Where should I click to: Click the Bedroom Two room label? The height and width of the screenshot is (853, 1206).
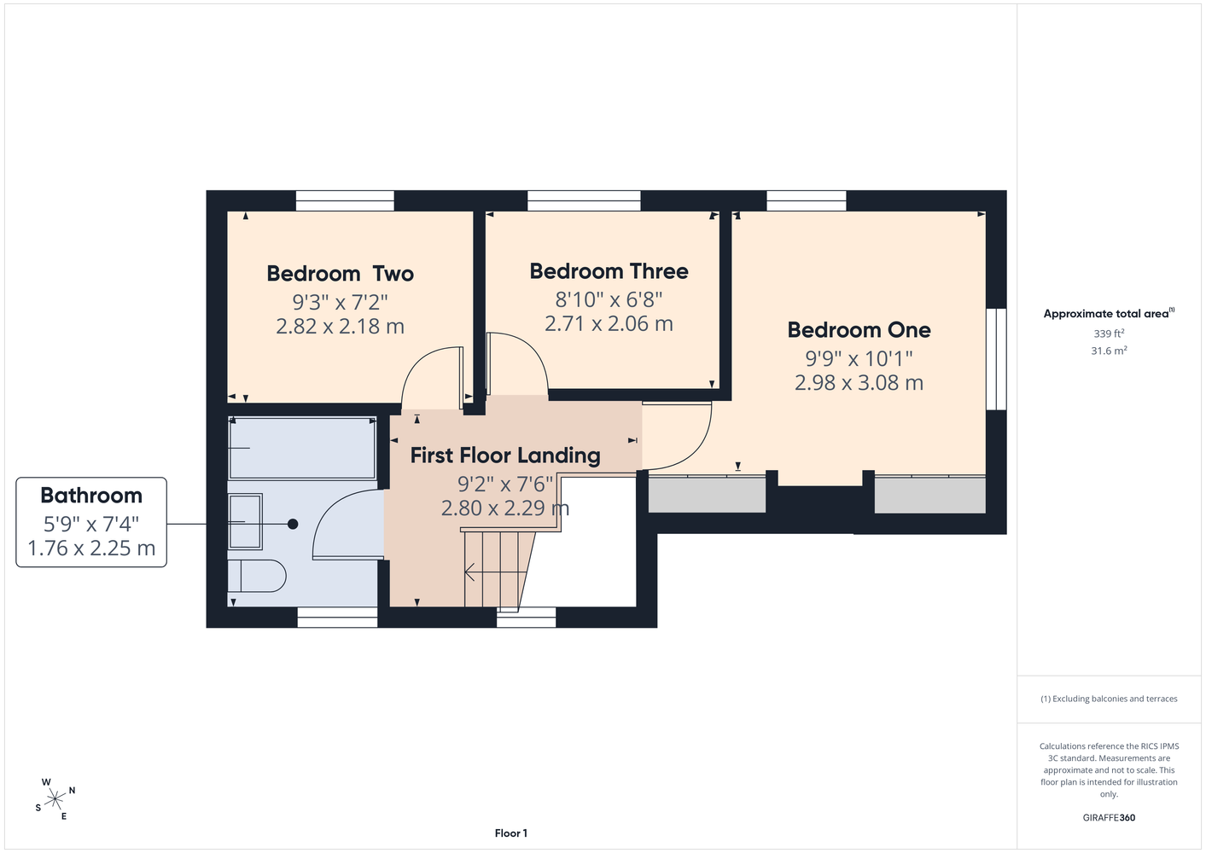[x=341, y=274]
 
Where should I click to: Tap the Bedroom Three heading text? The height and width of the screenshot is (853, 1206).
[x=609, y=271]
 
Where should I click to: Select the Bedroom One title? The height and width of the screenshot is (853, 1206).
[x=859, y=330]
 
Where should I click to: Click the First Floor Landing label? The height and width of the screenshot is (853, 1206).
[x=505, y=456]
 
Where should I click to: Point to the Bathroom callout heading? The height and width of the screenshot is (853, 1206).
[x=91, y=495]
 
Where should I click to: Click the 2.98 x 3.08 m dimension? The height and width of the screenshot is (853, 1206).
[x=859, y=383]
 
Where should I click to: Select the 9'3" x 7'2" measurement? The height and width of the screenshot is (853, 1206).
[x=341, y=302]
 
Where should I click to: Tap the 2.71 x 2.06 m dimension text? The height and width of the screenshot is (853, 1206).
[x=609, y=323]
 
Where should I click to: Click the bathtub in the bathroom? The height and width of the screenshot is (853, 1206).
[x=302, y=448]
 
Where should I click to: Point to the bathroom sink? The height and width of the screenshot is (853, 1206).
[x=246, y=521]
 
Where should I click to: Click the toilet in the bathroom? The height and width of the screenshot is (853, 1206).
[x=256, y=576]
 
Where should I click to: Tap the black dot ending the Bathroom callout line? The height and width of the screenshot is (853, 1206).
[x=293, y=524]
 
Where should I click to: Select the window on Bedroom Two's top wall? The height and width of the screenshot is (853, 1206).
[x=345, y=200]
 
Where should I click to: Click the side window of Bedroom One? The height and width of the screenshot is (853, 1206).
[x=996, y=359]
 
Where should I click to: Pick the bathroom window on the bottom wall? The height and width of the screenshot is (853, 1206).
[x=338, y=618]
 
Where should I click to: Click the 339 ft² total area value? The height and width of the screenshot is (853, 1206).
[x=1109, y=334]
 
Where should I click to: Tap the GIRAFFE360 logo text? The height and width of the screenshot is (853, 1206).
[x=1109, y=817]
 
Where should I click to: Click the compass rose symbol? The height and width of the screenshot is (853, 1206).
[x=55, y=799]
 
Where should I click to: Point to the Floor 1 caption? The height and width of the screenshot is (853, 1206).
[x=511, y=833]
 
